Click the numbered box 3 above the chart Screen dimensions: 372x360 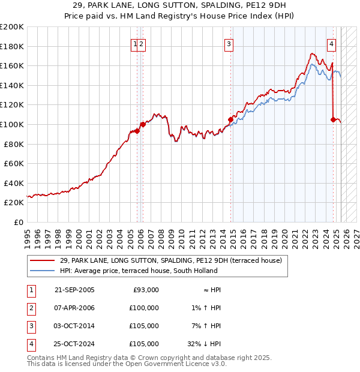229,43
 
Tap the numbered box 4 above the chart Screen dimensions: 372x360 332,43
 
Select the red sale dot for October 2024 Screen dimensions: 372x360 333,119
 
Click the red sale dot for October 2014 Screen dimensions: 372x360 230,119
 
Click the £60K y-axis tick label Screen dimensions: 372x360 14,163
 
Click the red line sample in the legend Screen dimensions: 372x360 42,260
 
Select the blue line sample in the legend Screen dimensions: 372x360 42,271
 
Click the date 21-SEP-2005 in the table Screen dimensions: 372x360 74,290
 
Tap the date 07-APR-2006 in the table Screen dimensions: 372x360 74,308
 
